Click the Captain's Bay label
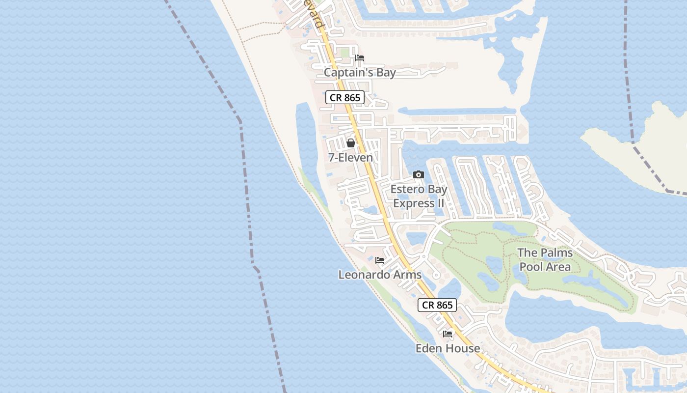click(360, 73)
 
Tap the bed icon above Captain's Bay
click(360, 58)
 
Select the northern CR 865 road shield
click(345, 97)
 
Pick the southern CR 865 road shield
click(437, 305)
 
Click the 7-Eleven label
click(350, 158)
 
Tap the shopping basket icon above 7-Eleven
click(351, 143)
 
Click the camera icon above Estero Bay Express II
click(419, 174)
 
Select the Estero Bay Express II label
click(419, 196)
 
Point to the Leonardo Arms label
click(380, 275)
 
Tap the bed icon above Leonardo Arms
click(380, 260)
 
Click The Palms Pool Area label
click(545, 260)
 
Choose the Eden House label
click(448, 348)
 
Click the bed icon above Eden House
click(448, 334)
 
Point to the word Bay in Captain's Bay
click(384, 73)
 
